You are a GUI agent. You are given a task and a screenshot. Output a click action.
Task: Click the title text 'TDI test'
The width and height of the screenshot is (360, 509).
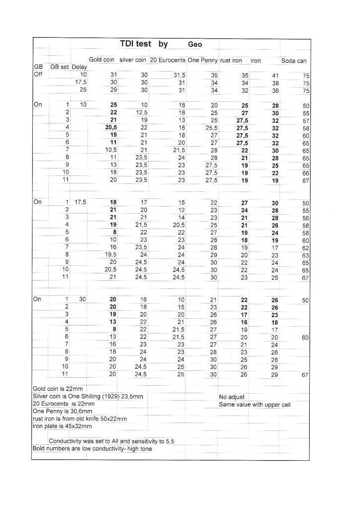coord(136,44)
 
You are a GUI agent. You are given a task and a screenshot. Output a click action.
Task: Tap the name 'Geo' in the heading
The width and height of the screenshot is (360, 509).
coord(195,45)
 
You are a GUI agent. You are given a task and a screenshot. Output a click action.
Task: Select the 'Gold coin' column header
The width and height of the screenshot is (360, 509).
coord(102,60)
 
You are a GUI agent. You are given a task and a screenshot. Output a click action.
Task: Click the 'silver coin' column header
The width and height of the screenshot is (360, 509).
coord(133,60)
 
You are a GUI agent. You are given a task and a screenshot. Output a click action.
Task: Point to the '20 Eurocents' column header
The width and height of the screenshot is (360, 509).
coord(168,60)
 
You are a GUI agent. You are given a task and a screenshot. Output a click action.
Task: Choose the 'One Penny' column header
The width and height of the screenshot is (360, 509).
coord(202,60)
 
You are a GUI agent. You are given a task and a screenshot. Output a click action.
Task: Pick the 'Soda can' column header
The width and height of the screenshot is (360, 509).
coord(294,61)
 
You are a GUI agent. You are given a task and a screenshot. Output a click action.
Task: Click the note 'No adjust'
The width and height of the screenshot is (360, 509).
coord(232,397)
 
